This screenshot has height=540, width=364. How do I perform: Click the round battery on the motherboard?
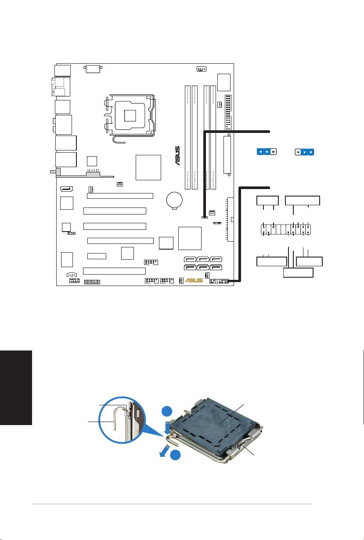[174, 200]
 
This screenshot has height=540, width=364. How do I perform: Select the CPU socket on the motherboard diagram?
[130, 115]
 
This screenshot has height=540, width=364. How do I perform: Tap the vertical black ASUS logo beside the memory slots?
[177, 156]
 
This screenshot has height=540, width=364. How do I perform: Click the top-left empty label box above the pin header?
[268, 201]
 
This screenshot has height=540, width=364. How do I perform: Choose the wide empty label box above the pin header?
[303, 201]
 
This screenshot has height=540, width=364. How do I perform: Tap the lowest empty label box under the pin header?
[298, 273]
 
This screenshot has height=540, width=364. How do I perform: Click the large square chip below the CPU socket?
[148, 167]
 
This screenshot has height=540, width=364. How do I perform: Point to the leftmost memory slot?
[187, 137]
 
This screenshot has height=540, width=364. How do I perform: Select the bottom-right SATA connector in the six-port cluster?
[216, 268]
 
